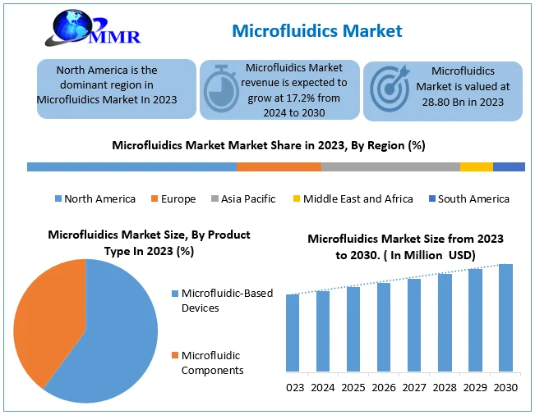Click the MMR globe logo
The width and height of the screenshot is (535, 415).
coord(92,28)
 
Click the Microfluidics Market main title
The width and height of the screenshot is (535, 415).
coord(317,30)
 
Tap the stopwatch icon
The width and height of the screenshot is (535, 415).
coord(221,89)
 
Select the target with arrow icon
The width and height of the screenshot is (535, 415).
coord(390,89)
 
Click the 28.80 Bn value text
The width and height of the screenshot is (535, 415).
coord(445,103)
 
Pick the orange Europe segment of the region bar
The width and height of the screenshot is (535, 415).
coord(279,166)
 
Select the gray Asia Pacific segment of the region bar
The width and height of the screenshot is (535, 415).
coord(390,166)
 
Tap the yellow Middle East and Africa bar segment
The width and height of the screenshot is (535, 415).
coord(477,166)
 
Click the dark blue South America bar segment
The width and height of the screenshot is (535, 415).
coord(509,166)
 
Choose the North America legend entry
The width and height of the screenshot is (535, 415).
coord(95,198)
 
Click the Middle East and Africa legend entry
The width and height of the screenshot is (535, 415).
coord(353,198)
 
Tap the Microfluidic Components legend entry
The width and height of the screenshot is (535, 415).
coord(207,363)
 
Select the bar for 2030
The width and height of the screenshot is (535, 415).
coord(505,317)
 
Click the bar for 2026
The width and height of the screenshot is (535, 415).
coord(384,327)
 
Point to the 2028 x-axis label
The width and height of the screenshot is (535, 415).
coord(445,387)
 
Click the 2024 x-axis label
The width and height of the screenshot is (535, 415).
coord(323,387)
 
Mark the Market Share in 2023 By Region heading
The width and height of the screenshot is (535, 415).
coord(269,145)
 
